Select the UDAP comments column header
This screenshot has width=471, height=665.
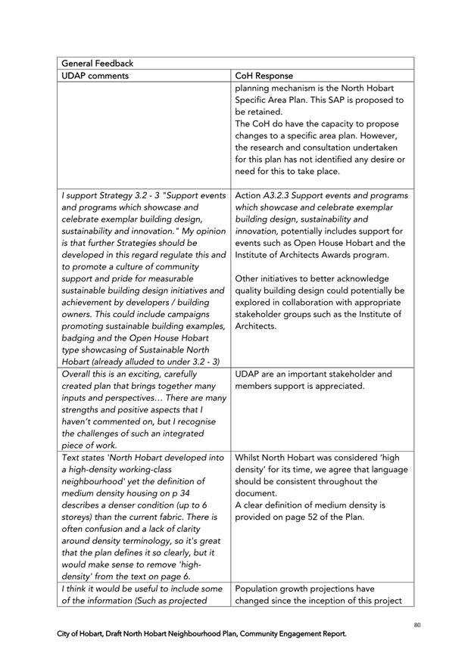click(x=95, y=76)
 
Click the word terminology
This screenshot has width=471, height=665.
click(x=153, y=541)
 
